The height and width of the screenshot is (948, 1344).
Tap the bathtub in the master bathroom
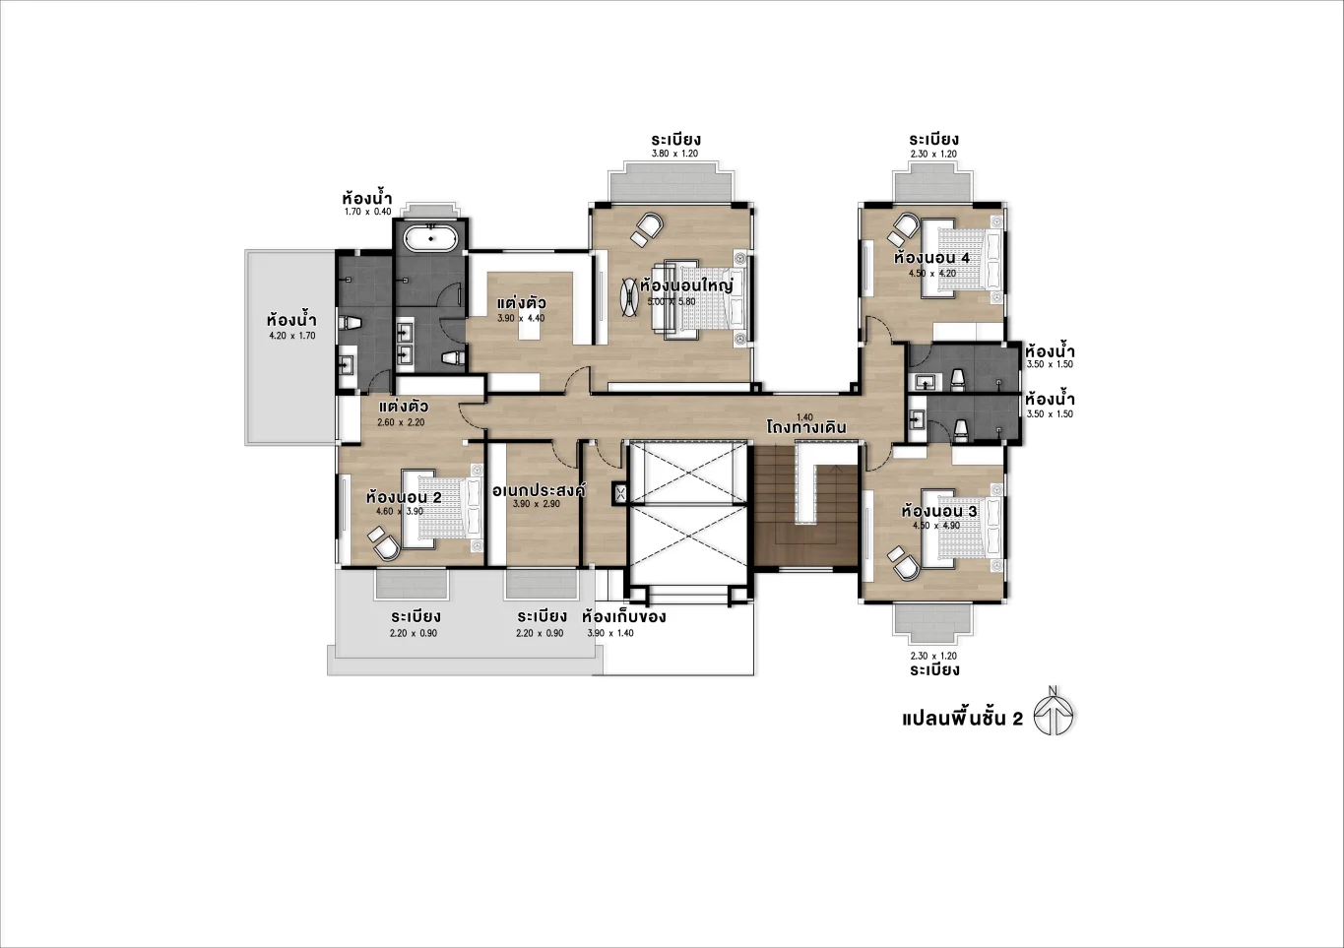coord(430,239)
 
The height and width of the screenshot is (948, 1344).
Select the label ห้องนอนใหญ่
coord(686,285)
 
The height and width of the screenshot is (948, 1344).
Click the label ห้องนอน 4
coord(931,259)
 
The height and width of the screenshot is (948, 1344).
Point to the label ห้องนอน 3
coord(939,512)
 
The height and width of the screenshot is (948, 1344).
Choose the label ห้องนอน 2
coord(404,497)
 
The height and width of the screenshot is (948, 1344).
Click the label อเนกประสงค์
coord(539,490)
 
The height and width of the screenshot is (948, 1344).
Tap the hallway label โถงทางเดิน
coord(806,427)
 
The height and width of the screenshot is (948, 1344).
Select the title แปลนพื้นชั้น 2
coord(962,719)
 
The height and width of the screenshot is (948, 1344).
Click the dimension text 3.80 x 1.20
coord(675,154)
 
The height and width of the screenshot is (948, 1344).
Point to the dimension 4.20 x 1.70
coord(292,336)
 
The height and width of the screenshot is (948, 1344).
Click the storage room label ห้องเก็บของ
coord(624,617)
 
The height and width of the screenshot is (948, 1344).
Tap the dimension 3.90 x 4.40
coord(521,319)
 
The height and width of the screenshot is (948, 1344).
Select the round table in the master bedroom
coord(629,297)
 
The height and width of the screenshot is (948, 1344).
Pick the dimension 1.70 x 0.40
coord(368,212)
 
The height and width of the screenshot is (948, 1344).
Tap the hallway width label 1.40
coord(804,417)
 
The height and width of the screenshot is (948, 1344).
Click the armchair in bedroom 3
coord(904,563)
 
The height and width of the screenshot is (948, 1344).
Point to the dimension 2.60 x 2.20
coord(401,422)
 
